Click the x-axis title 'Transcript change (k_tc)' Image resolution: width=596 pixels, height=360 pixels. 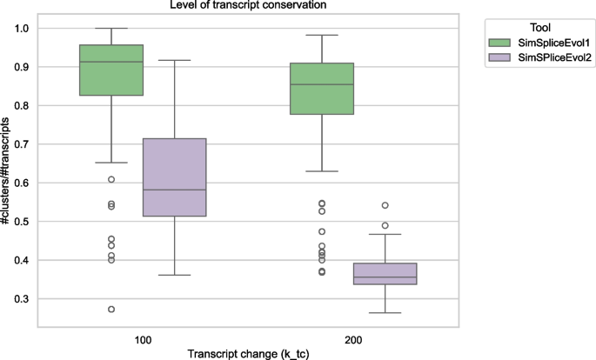click(248, 352)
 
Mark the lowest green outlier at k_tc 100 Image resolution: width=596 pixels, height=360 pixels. click(111, 310)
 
